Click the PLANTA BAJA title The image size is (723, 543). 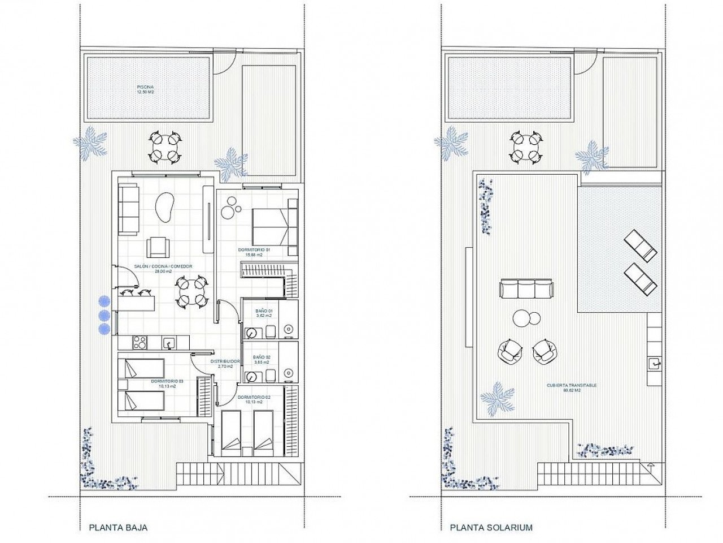118,528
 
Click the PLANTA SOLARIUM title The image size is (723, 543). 491,528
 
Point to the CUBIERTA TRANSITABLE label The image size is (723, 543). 572,387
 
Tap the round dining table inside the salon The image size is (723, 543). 190,291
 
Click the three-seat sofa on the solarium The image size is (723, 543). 525,288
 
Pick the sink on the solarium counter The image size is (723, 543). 654,363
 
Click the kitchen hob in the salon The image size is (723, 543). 140,342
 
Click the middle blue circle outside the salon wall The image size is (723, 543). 104,315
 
